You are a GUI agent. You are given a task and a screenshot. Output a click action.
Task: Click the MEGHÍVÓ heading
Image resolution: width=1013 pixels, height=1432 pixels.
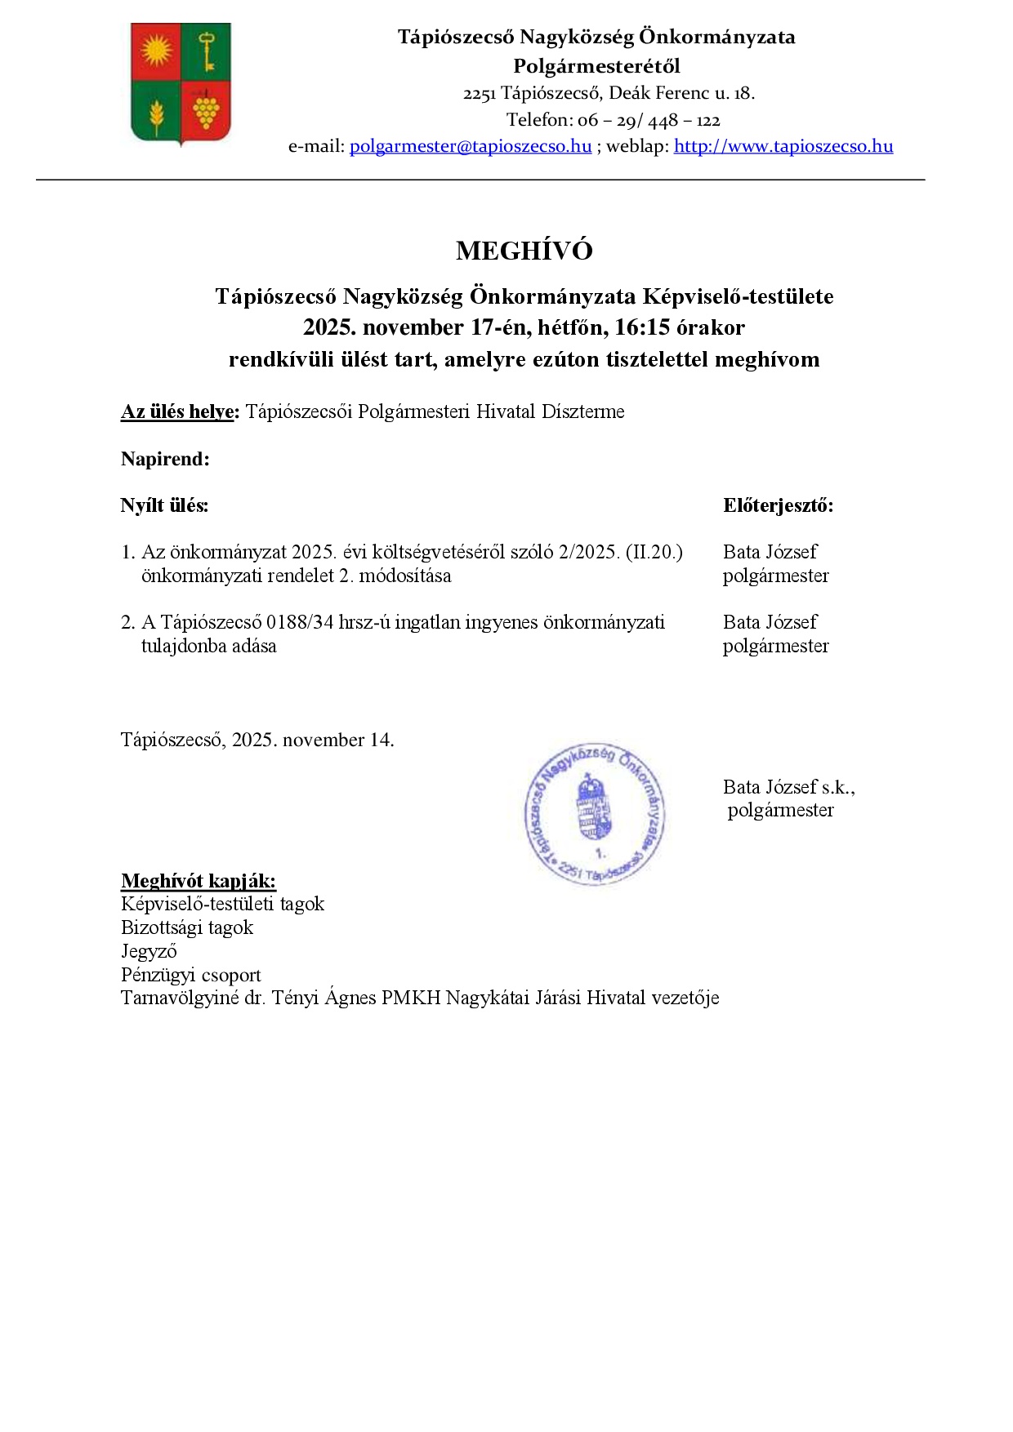[x=524, y=251]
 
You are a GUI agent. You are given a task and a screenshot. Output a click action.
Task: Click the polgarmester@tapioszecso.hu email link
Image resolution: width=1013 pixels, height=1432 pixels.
[x=470, y=147]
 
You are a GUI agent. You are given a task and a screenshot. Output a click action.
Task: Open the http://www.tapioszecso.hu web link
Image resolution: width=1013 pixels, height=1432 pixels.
[x=783, y=147]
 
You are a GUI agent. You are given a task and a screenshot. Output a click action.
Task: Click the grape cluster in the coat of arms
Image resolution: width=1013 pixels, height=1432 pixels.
[x=206, y=110]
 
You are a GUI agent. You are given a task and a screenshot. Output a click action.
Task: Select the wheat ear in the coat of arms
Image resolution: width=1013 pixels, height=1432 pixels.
[x=156, y=114]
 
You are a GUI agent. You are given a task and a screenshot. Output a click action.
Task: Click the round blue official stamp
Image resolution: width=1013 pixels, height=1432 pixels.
[x=595, y=814]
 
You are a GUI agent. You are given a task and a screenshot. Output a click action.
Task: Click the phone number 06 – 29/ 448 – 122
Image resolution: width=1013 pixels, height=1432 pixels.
[x=649, y=121]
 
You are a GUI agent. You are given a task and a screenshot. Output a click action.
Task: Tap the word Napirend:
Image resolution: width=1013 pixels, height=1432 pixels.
[x=165, y=460]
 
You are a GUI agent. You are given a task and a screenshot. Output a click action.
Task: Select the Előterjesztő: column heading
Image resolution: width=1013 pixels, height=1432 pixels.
[x=778, y=506]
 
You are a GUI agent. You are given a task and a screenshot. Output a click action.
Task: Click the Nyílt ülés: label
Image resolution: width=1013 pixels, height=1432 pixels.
[x=164, y=506]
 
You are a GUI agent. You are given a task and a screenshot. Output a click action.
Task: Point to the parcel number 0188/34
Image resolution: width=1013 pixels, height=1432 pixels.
[x=301, y=623]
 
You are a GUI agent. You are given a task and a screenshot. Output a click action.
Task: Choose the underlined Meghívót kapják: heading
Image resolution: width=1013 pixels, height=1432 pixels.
[x=199, y=882]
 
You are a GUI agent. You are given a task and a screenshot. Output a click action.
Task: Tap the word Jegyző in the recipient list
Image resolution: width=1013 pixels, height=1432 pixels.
[x=149, y=952]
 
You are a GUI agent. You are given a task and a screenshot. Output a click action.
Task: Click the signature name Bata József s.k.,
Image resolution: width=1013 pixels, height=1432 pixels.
[x=788, y=788]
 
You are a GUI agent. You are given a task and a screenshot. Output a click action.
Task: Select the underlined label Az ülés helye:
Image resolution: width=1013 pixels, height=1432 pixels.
[x=180, y=412]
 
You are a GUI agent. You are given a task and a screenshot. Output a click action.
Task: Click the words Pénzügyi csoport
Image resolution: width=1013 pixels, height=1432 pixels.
[x=191, y=976]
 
